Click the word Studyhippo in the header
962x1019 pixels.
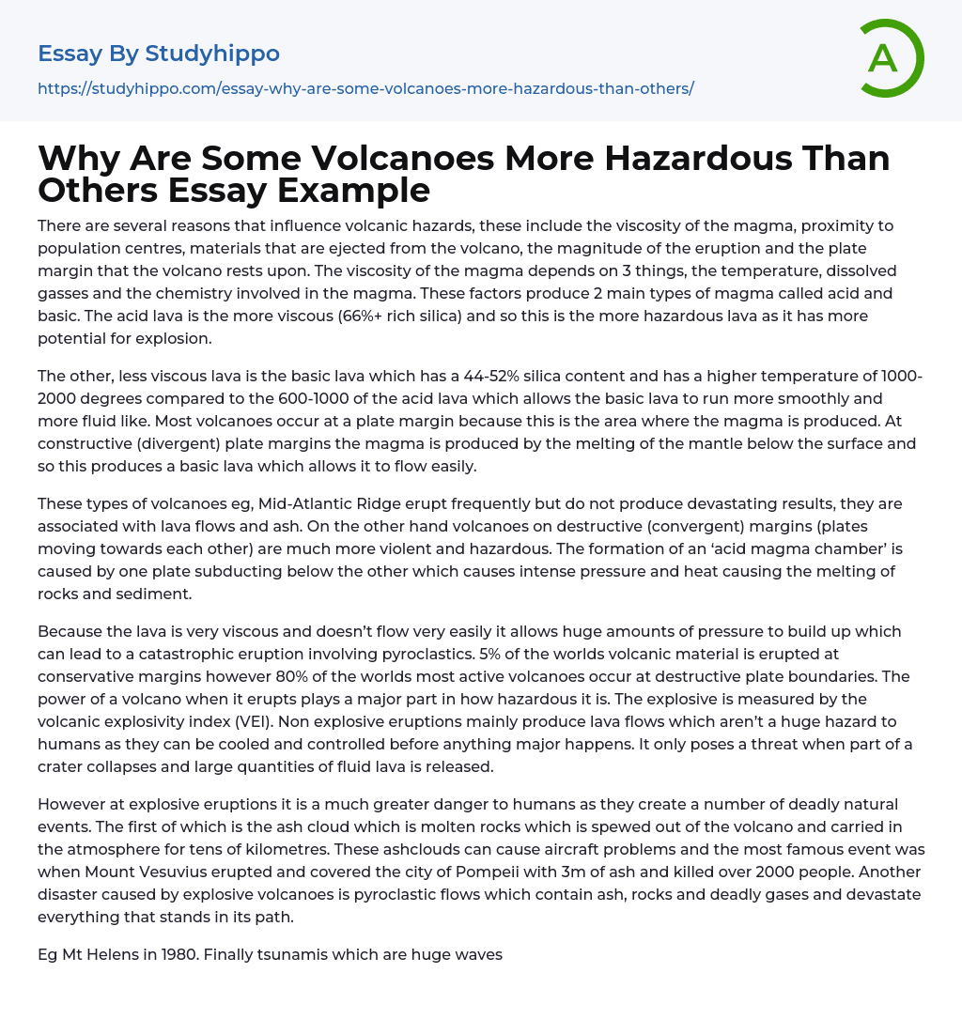211,54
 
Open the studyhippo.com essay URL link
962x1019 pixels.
365,88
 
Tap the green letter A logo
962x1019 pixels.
884,58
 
